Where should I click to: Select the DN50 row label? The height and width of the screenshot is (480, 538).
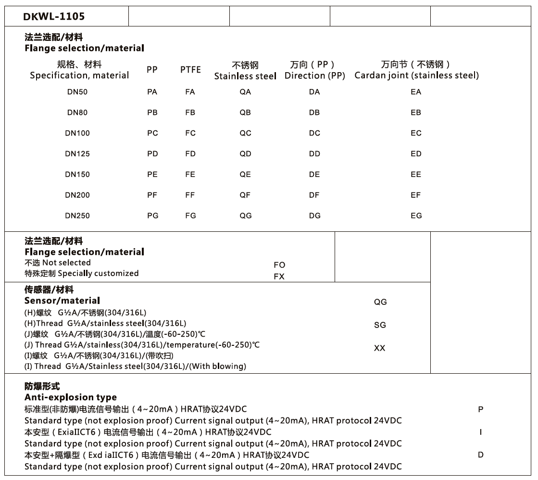[77, 92]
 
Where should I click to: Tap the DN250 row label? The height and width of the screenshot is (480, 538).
[77, 216]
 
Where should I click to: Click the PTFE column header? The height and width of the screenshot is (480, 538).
[190, 70]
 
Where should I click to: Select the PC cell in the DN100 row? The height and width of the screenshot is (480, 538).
[152, 133]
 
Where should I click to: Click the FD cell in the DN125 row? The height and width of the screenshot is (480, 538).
[190, 154]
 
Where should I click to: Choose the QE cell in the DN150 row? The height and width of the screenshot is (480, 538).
[245, 175]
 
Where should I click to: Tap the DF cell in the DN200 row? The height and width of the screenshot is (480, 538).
[314, 195]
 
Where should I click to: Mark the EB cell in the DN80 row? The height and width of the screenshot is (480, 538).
[416, 113]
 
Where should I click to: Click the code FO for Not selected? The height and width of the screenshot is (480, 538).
[279, 265]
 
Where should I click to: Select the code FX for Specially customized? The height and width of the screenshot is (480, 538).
[279, 277]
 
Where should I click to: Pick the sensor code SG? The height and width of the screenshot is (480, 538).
[380, 325]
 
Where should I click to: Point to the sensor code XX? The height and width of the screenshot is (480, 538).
[380, 348]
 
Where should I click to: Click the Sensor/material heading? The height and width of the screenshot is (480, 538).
[62, 301]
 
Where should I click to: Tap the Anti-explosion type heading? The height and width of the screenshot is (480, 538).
[70, 397]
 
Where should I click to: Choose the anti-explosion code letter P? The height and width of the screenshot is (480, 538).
[480, 409]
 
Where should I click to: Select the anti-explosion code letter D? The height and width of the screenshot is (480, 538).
[480, 455]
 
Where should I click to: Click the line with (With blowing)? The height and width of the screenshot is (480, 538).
[135, 366]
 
